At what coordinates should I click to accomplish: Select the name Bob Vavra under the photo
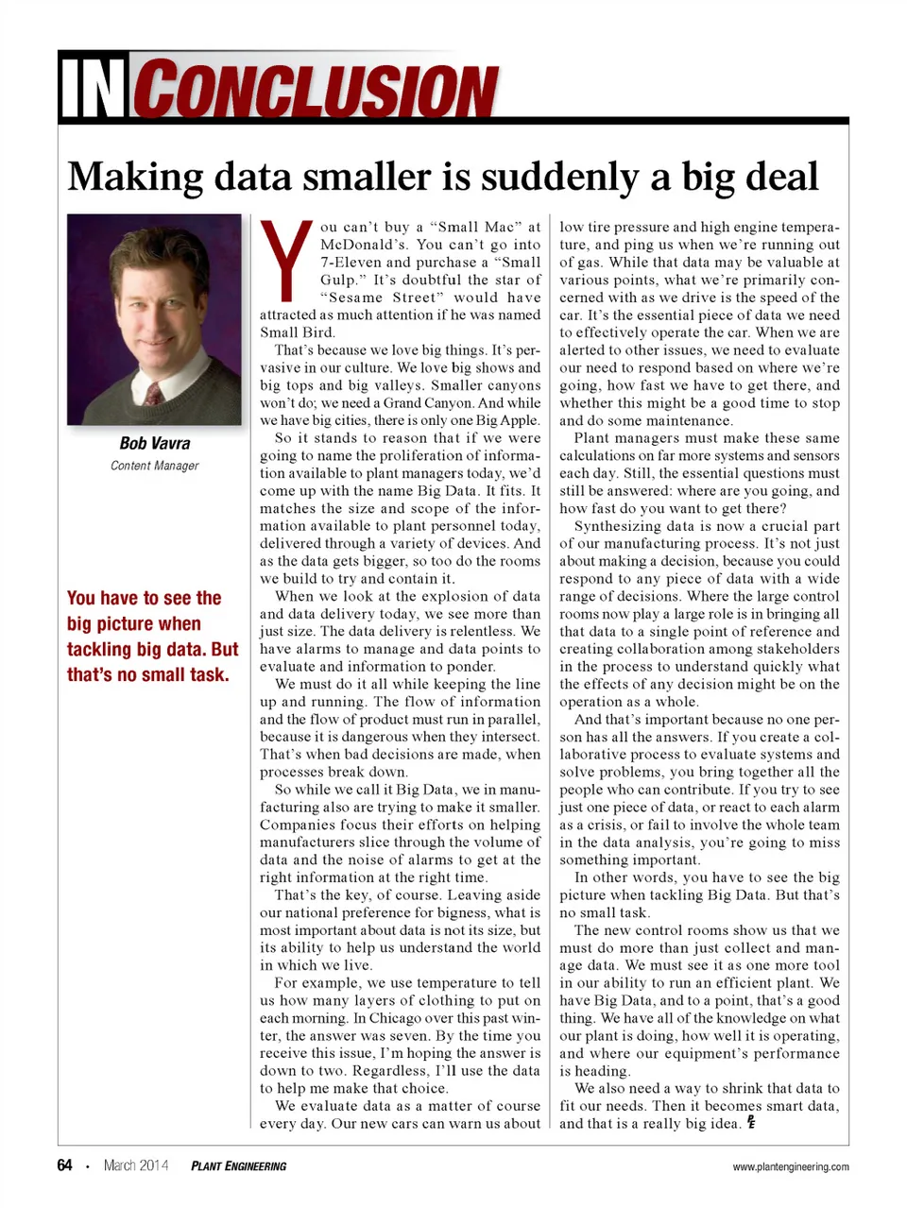point(154,443)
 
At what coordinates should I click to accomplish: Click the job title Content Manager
point(154,466)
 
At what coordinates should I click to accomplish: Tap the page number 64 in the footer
point(64,1165)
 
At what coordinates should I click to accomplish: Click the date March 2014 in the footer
point(136,1165)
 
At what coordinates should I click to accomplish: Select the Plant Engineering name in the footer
point(238,1166)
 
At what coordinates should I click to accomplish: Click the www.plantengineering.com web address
point(790,1166)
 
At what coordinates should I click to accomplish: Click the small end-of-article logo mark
point(751,1122)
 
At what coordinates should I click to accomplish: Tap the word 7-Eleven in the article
point(351,263)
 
